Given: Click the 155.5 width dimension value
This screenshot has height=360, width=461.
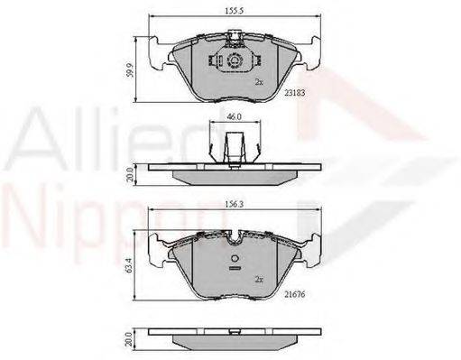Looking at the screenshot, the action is (x=234, y=11).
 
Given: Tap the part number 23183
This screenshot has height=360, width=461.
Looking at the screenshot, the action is (x=295, y=93).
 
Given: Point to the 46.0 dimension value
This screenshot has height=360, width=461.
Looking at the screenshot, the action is (x=235, y=116).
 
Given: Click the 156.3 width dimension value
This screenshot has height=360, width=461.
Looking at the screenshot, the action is (x=235, y=205).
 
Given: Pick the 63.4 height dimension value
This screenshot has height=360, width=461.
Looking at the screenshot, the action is (x=129, y=266).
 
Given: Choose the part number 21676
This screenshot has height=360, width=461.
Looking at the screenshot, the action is (x=295, y=294).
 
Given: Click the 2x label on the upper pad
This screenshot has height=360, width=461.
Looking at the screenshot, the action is (x=259, y=82).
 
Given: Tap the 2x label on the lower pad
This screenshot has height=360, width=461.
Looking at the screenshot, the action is (x=259, y=280).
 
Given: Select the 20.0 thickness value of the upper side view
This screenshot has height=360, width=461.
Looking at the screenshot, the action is (x=130, y=175).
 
